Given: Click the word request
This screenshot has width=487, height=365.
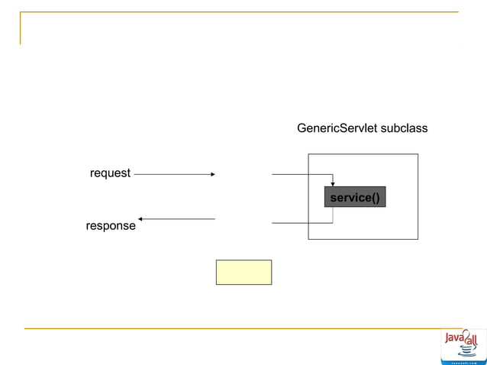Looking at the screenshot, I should click(110, 173).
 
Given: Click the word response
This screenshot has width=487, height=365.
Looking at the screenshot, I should click(111, 226).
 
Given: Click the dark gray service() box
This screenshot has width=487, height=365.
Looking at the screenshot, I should click(354, 198).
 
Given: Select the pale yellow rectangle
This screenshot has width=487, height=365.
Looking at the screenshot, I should click(243, 272).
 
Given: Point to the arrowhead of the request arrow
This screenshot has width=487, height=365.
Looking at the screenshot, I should click(212, 174).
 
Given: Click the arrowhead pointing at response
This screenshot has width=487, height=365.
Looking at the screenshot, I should click(142, 219).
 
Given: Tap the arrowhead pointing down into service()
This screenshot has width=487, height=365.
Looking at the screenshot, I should click(333, 183).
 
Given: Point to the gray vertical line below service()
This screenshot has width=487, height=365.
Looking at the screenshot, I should click(333, 215).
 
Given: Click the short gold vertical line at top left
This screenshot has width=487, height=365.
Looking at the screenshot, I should click(21, 28).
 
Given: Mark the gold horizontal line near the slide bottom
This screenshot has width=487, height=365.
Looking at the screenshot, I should click(229, 328).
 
